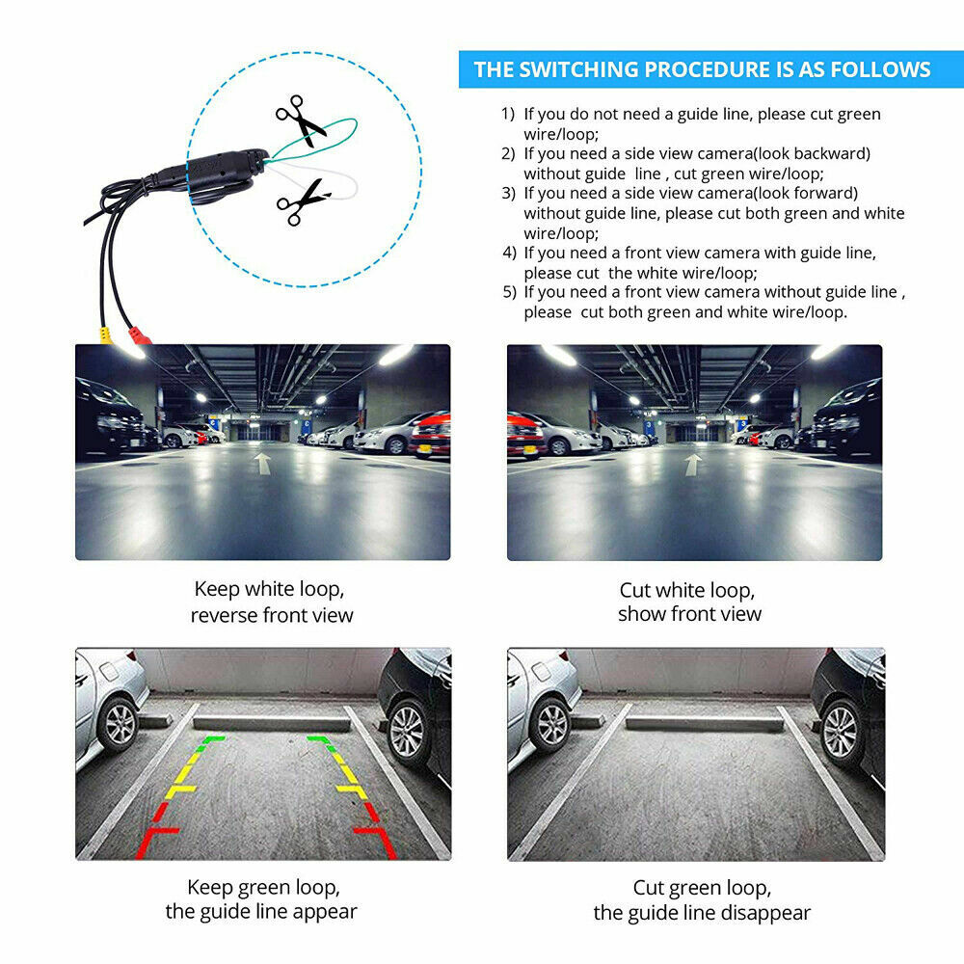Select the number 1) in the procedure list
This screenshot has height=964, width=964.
[x=508, y=114]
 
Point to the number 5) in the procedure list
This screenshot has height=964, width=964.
[x=509, y=291]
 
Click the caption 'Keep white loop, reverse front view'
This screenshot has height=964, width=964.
[x=271, y=602]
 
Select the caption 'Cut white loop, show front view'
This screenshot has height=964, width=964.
[x=689, y=602]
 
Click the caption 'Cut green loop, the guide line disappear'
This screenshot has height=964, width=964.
[x=702, y=898]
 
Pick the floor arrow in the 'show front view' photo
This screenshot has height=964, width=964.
[x=692, y=465]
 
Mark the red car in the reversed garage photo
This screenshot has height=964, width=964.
[x=431, y=435]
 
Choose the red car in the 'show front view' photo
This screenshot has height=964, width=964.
[x=525, y=436]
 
